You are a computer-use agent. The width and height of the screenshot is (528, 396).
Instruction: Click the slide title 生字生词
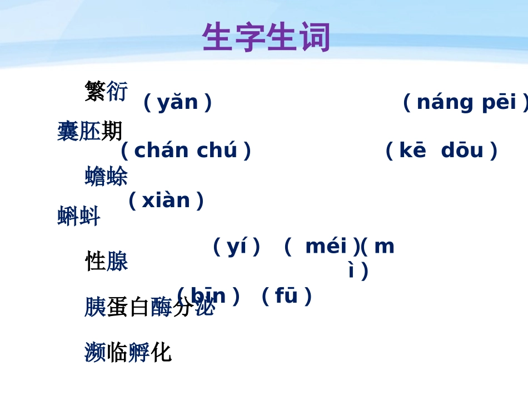pos(266,38)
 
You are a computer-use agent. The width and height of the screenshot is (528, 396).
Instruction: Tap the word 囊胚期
pos(89,132)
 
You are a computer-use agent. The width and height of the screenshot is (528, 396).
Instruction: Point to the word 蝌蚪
pos(78,216)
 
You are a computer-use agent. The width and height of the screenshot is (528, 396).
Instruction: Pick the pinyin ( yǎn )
pos(177,102)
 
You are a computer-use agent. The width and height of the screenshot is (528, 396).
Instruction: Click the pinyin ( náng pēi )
pos(466,102)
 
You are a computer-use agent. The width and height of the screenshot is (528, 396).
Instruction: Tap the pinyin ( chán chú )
pos(186,151)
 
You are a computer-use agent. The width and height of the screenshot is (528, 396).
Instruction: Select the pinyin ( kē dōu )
pos(441,151)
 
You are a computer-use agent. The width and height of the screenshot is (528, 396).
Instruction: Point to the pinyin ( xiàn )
pos(166,200)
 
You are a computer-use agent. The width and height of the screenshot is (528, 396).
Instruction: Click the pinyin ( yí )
pos(237,246)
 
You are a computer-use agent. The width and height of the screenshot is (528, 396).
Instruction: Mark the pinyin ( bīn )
pos(208,296)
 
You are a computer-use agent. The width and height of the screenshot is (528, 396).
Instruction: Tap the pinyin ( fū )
pos(286,296)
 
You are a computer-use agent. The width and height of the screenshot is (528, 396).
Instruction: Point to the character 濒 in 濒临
pos(95,352)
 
